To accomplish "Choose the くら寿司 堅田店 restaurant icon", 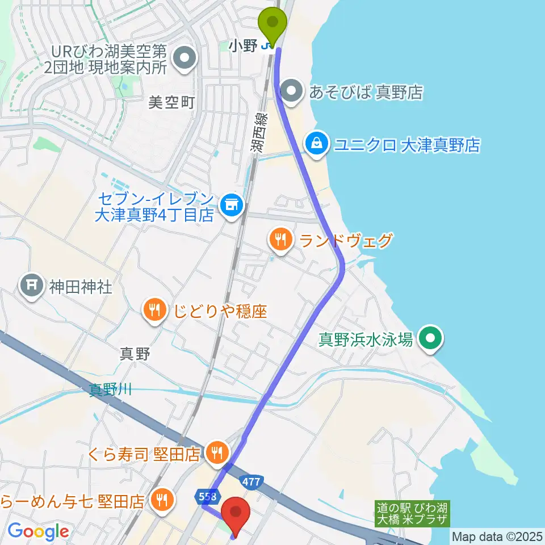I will (216, 452).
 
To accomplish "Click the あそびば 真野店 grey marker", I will (292, 91).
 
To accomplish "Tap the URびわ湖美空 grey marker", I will (184, 58).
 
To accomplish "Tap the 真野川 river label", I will (110, 389).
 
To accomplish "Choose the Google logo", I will (39, 531).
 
